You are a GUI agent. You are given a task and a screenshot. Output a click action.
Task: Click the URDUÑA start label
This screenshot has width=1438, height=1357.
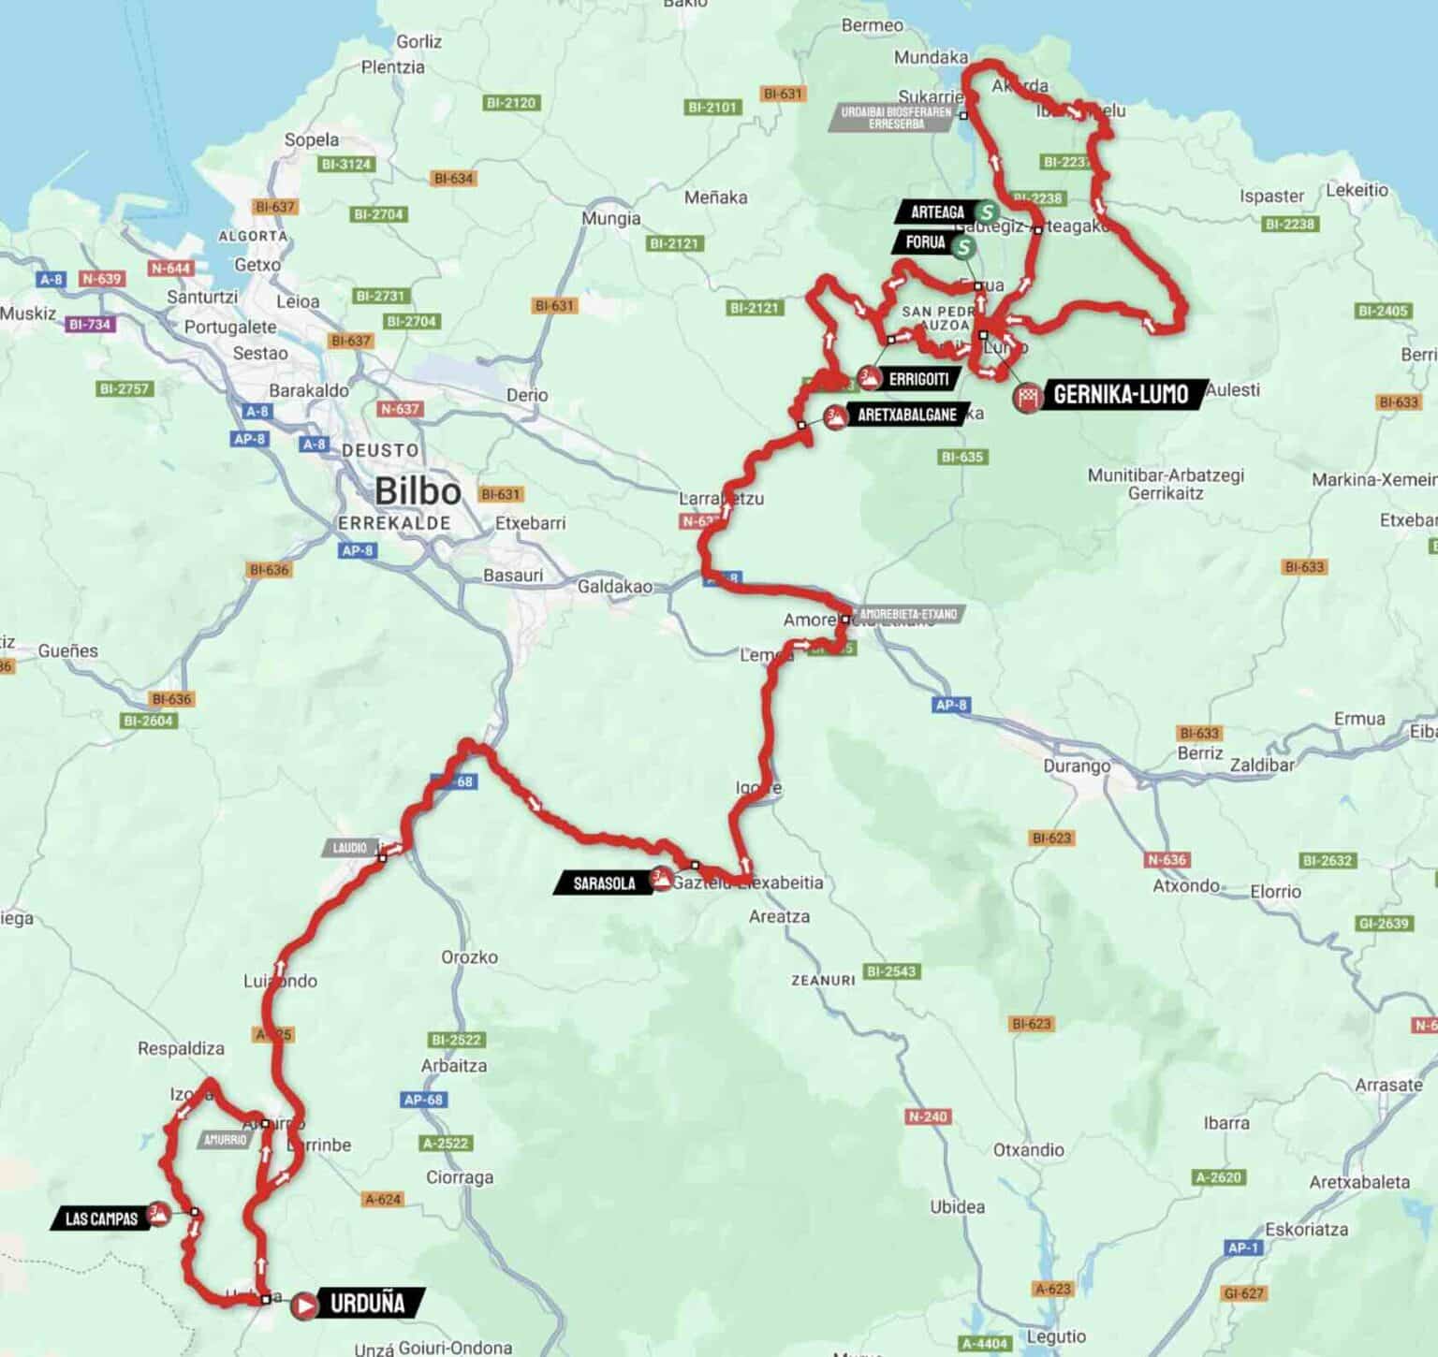tap(368, 1303)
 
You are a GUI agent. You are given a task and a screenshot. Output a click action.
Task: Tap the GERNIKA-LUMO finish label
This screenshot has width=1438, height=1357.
tap(1121, 394)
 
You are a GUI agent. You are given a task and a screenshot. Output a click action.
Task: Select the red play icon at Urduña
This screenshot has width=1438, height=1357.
tap(303, 1305)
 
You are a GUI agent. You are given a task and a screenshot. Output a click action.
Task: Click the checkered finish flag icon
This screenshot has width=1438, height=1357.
tap(1029, 397)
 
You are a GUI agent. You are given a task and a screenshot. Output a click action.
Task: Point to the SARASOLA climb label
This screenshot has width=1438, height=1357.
tap(603, 883)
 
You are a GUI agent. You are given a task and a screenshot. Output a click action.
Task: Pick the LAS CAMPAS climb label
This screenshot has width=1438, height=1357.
tap(101, 1218)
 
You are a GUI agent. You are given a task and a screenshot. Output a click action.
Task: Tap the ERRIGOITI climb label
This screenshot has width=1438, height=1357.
tap(918, 379)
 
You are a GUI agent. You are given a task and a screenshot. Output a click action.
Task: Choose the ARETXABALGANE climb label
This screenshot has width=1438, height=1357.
tap(906, 415)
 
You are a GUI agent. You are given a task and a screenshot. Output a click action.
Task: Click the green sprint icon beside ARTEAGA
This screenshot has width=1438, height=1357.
tap(986, 212)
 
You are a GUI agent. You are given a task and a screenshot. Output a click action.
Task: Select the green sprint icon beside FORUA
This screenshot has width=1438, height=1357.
tap(962, 247)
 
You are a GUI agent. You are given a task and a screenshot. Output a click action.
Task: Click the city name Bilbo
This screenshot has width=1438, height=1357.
tap(418, 490)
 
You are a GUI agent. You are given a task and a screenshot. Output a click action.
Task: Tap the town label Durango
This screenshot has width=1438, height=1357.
tap(1077, 766)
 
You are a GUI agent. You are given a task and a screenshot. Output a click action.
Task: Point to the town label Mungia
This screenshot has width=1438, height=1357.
tap(611, 218)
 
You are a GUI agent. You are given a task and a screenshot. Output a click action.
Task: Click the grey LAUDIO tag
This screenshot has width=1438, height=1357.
tap(349, 848)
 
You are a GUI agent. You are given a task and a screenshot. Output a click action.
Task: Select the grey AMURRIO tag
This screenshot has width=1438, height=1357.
tap(225, 1140)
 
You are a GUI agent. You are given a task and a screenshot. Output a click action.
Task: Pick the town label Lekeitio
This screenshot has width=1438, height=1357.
tap(1357, 190)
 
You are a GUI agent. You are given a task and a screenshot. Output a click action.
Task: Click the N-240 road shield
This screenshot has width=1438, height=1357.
tap(928, 1116)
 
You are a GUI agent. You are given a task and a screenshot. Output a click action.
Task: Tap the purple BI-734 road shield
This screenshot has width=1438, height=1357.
tap(90, 325)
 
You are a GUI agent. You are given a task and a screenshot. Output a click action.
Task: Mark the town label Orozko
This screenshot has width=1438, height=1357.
tap(469, 956)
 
